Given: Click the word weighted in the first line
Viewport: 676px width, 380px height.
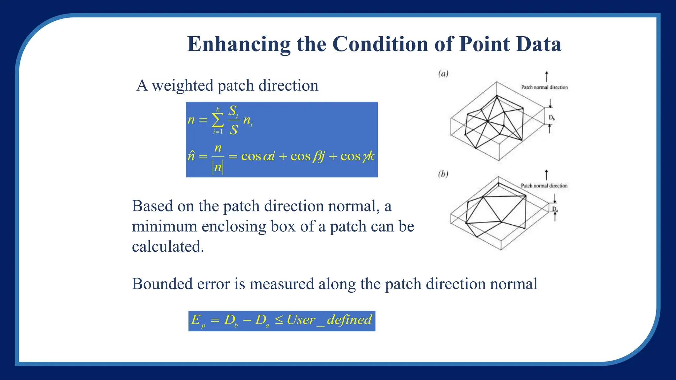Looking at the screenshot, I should click(183, 85).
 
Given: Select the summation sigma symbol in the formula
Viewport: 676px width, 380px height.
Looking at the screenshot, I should click(218, 120).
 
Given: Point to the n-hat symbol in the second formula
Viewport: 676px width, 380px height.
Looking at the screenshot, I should click(191, 155).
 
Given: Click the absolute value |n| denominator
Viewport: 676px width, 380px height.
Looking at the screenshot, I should click(218, 167).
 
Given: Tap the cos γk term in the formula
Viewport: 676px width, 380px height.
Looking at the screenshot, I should click(357, 156).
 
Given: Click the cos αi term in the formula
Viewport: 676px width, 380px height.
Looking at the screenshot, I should click(258, 156).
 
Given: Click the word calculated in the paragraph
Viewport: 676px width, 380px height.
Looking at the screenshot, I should click(168, 247).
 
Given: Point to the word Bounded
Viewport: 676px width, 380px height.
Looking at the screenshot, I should click(162, 284).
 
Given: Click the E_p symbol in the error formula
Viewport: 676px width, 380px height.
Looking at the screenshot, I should click(198, 320).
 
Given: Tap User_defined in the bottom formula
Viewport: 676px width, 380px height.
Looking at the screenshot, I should click(329, 320).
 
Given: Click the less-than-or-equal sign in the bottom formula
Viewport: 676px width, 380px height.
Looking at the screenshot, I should click(279, 320).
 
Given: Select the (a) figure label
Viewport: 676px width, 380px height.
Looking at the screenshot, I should click(443, 74).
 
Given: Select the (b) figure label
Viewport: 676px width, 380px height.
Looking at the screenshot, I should click(443, 174).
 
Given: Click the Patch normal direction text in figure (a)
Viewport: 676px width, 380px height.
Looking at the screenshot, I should click(544, 87).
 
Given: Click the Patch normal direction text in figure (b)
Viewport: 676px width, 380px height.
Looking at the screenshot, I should click(544, 186).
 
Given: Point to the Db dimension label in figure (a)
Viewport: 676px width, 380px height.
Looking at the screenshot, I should click(552, 118).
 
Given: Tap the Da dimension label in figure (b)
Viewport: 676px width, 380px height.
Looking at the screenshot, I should click(555, 209).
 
